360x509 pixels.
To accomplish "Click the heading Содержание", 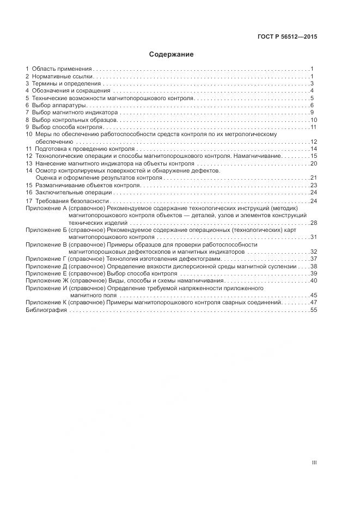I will tap(171, 54).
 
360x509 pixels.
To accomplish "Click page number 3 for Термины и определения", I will tap(312, 83).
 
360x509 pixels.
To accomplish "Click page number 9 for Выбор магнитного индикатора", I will tap(312, 112).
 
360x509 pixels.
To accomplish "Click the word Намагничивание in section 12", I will tap(259, 156).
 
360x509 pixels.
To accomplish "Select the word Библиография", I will tap(46, 309).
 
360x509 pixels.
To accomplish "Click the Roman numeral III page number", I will tap(314, 462).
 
